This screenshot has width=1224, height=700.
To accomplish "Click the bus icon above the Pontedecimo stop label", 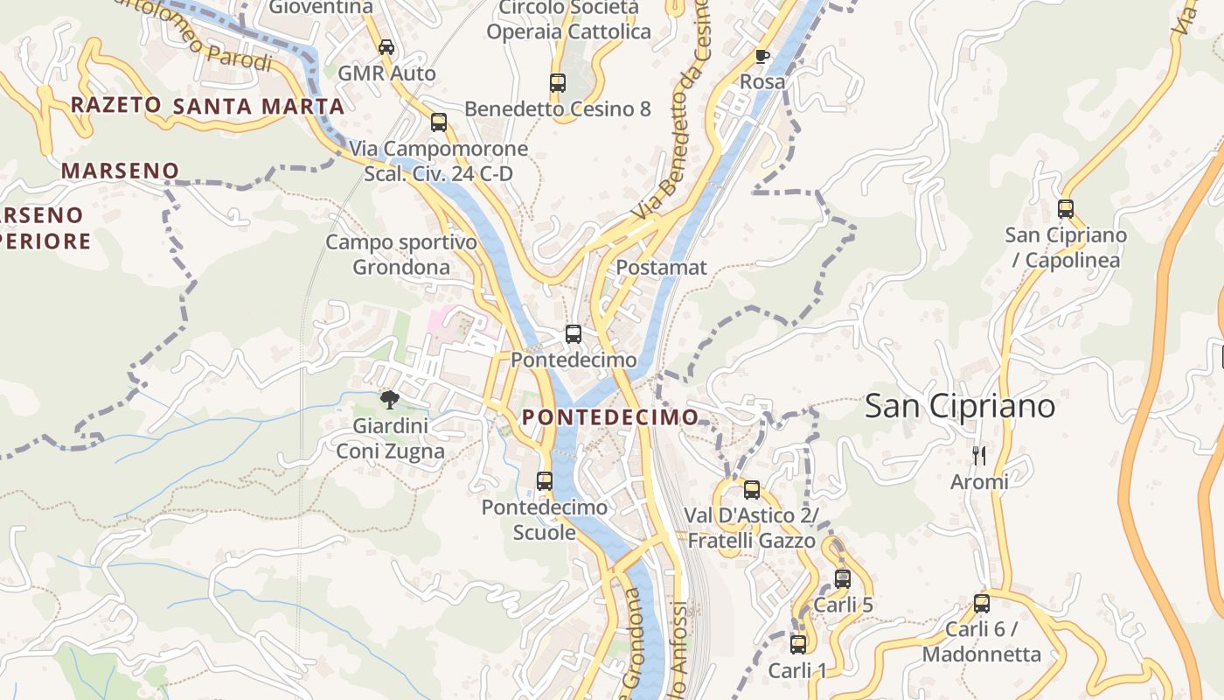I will point(574,334).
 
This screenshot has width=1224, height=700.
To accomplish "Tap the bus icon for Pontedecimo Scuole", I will point(545,481).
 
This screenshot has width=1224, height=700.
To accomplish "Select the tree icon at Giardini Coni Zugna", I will point(390,400).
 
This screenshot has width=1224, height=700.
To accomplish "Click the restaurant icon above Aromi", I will point(979,456).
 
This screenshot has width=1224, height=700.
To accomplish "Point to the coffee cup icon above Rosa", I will point(762,57).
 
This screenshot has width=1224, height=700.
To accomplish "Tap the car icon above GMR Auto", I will point(386,47).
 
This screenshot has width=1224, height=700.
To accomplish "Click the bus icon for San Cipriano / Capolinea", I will point(1065,209).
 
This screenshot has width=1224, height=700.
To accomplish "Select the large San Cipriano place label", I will point(960,406).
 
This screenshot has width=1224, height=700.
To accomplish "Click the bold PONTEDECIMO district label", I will point(610,417).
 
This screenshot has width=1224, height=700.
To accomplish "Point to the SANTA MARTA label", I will point(259,107).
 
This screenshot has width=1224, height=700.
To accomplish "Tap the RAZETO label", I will point(115,105).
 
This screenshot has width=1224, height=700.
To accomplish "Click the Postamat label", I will point(661,268).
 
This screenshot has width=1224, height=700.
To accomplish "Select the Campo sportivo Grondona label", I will point(401,255).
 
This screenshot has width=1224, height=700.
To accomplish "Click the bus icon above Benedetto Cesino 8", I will point(558,83).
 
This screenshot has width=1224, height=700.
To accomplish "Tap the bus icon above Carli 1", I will point(798,645).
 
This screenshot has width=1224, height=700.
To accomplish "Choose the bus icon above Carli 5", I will point(843,579).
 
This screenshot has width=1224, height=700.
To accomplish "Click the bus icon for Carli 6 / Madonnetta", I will point(982,604).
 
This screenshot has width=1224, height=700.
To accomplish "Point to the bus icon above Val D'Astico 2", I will point(752,490).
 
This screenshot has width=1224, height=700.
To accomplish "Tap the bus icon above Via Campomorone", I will point(439,122).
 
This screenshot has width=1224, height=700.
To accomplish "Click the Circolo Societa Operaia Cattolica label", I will point(568,20).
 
